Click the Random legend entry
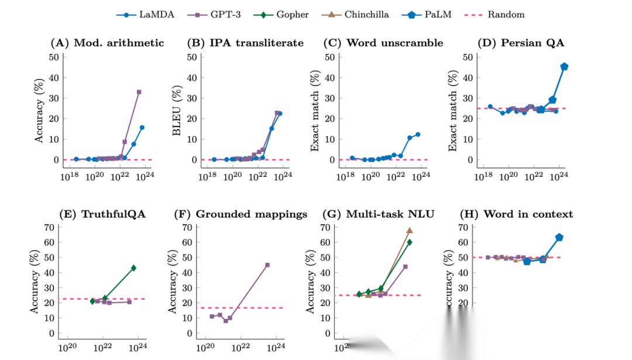coord(499,15)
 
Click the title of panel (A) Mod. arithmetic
coord(107,43)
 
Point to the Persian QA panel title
coord(526,43)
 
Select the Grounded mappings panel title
coord(241,214)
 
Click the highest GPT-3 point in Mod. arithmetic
coord(139,92)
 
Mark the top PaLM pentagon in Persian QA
coord(564,67)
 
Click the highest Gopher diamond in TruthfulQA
coord(133,268)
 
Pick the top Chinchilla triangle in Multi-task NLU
coord(410,231)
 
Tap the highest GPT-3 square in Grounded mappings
coord(267,265)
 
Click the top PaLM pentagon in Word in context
coord(559,237)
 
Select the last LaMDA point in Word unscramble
coord(418,135)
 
